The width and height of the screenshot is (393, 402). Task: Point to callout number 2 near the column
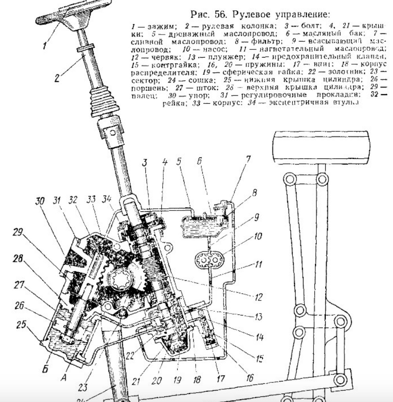coord(58,79)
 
